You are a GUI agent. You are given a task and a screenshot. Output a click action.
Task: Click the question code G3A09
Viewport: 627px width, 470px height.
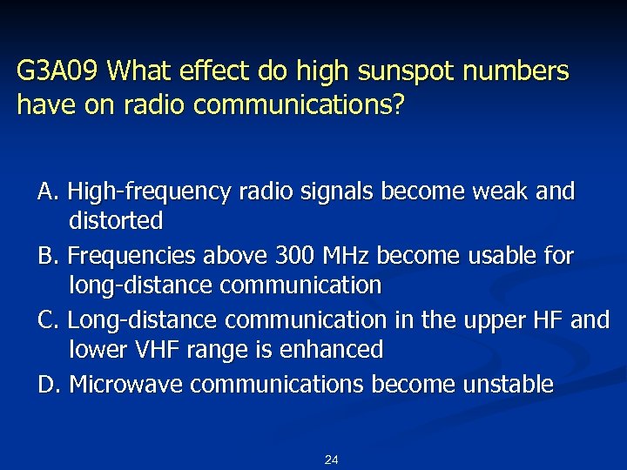click(59, 71)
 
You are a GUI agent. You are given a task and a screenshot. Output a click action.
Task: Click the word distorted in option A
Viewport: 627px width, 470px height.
click(116, 221)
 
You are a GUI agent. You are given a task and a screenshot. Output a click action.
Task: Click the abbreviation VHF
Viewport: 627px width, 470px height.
click(165, 350)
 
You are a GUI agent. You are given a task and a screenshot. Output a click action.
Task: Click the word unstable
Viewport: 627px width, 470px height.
click(504, 384)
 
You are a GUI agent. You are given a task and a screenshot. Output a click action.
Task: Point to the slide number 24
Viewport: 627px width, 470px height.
click(331, 460)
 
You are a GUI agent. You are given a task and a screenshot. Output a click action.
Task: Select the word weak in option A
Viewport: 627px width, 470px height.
click(501, 191)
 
